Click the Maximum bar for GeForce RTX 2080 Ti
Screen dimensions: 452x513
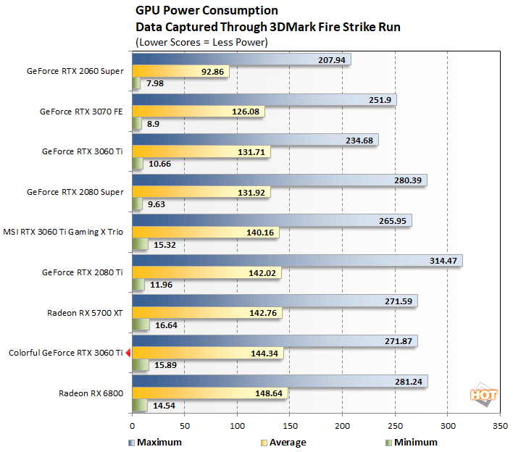point(297,260)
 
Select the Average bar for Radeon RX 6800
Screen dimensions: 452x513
point(210,393)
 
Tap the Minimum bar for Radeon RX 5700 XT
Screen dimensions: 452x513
point(141,325)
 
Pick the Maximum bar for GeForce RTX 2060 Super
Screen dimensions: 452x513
point(241,60)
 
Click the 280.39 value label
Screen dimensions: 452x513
point(409,180)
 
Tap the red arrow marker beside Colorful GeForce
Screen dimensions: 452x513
point(128,353)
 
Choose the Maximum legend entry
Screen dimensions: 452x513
point(157,442)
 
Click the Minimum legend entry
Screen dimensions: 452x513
point(412,442)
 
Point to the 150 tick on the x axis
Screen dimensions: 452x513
point(290,427)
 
